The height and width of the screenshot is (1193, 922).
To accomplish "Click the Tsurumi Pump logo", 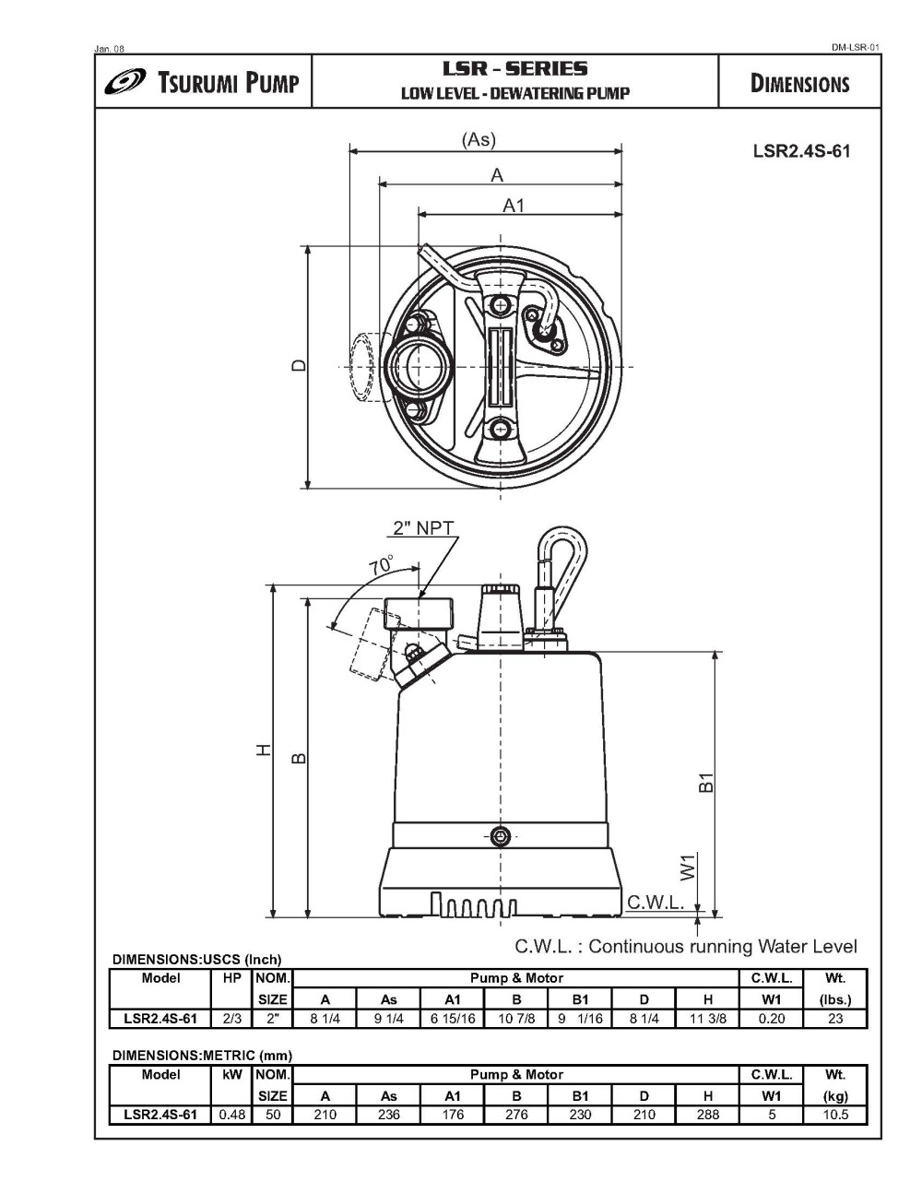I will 202,83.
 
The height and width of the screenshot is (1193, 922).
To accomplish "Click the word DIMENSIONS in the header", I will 799,84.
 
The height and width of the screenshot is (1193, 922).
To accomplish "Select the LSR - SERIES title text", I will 514,68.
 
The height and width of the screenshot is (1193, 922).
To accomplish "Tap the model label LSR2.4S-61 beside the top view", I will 801,151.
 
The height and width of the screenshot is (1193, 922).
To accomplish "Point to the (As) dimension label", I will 479,140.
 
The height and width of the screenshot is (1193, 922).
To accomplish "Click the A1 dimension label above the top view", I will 513,206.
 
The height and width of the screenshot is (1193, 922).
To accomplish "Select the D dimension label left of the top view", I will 298,365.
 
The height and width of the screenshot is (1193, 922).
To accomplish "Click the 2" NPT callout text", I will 423,528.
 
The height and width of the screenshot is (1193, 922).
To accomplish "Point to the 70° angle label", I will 381,566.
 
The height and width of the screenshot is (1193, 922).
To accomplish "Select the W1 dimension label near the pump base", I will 688,867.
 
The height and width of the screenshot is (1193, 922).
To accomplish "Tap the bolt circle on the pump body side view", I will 501,836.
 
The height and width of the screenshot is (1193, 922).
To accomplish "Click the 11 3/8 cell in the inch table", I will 707,1019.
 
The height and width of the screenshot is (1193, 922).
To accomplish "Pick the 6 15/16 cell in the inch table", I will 453,1019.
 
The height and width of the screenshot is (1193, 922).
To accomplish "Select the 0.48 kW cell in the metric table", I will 231,1114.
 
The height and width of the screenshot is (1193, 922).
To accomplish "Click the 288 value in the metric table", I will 707,1114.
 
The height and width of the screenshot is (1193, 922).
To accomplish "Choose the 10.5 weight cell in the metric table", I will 834,1114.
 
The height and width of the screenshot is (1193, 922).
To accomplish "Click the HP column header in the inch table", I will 231,978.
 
